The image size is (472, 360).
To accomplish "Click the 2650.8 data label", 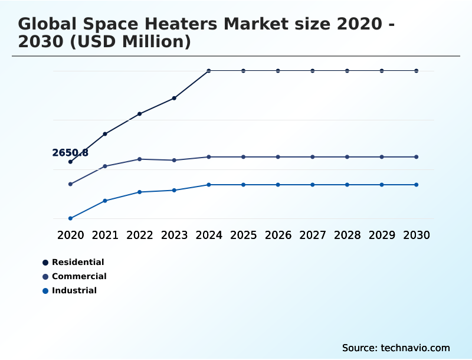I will pos(70,153).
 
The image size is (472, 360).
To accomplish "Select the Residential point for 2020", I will pos(71,162).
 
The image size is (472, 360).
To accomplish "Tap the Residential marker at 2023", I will pos(175,98).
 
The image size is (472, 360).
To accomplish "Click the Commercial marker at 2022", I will pos(140,159).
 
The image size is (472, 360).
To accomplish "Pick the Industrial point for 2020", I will pos(71,218).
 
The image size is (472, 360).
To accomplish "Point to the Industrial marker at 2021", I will pos(105,201).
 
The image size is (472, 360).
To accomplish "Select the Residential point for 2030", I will pos(417,71).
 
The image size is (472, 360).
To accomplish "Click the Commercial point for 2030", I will pos(417,157).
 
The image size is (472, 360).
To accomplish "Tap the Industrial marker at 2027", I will pos(313,185).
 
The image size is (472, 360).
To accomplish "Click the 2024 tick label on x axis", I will pos(209,235).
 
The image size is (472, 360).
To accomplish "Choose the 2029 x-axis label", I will pos(382,235).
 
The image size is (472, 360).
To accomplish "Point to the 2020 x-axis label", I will pos(71,235).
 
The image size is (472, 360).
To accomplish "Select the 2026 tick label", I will pos(278,235).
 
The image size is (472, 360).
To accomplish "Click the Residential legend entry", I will pos(77,262).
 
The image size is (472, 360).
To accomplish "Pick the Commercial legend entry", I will pos(78,276).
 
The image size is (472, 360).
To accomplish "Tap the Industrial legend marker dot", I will pos(45,290).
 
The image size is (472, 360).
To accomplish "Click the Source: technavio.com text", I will pos(396,348).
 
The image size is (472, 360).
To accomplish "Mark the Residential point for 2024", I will pos(209,71).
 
